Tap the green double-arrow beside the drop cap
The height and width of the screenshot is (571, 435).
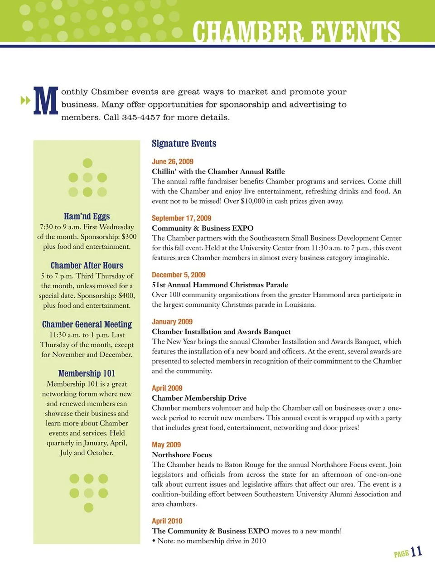click(x=25, y=100)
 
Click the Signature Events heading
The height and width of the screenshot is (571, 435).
click(x=184, y=144)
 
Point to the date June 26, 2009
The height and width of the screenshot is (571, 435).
click(x=173, y=161)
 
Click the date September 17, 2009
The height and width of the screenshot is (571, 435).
click(x=181, y=218)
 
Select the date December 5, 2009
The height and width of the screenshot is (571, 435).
click(x=179, y=275)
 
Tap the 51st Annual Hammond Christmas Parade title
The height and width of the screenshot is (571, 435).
click(x=220, y=285)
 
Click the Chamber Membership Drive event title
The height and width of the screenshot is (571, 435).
click(x=199, y=398)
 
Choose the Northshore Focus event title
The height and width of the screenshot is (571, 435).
click(x=182, y=455)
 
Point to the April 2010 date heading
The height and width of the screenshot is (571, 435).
click(x=167, y=521)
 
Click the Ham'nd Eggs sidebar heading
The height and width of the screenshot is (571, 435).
click(x=87, y=216)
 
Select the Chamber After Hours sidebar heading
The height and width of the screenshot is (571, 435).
click(x=87, y=266)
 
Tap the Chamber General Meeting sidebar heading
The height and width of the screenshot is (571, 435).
click(x=87, y=324)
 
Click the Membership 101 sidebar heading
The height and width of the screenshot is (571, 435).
click(x=87, y=373)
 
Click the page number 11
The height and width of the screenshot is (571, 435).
click(x=416, y=552)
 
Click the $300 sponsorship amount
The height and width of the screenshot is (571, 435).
click(x=129, y=237)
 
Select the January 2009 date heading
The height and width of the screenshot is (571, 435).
click(x=172, y=322)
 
